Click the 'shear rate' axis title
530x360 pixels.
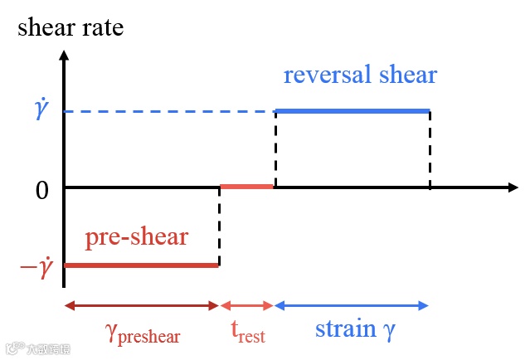(x=71, y=27)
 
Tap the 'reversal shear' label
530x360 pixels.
(x=360, y=75)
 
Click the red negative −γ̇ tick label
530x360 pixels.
(x=36, y=267)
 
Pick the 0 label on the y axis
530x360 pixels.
(x=42, y=190)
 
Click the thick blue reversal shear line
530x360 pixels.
(x=353, y=110)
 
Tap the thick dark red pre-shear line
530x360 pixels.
(x=141, y=265)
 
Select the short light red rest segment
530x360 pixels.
(x=246, y=187)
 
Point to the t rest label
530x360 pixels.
(x=247, y=333)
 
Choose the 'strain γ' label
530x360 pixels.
(x=355, y=329)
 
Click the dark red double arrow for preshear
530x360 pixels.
(x=141, y=305)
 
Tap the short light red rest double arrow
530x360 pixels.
(x=246, y=305)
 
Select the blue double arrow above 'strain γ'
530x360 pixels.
(x=352, y=305)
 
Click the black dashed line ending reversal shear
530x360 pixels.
(x=430, y=149)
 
